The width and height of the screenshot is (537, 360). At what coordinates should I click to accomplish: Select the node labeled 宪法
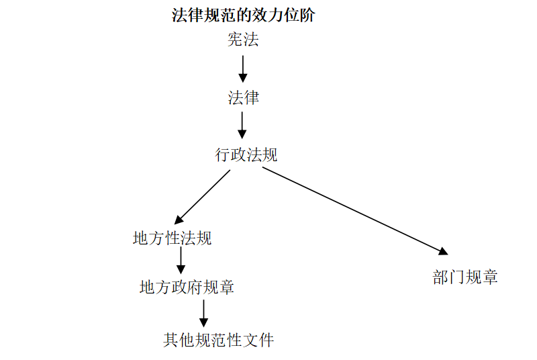coord(243,40)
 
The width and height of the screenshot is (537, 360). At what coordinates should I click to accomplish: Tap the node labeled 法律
coord(243,98)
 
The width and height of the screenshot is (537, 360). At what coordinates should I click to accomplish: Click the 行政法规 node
coord(246,155)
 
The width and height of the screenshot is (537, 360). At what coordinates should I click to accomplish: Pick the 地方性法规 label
coord(173,238)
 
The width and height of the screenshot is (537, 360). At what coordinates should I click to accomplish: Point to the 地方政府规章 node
coord(187,287)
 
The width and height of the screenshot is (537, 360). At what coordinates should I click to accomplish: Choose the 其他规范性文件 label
coord(219,340)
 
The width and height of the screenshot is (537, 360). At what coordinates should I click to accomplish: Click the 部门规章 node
coord(465,277)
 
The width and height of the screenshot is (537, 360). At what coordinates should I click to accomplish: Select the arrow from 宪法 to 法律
coord(243,68)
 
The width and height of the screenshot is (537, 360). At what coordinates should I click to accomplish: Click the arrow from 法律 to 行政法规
coord(242,125)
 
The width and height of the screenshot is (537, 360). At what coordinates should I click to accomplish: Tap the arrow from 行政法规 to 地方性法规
coord(203,196)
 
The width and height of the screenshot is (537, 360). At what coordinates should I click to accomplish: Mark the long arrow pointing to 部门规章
coord(354,210)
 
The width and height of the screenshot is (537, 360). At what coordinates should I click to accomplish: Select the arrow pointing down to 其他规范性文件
coord(203,313)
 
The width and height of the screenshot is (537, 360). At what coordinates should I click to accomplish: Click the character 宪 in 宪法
coord(235,40)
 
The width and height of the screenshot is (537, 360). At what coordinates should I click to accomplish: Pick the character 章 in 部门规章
coord(490,277)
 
